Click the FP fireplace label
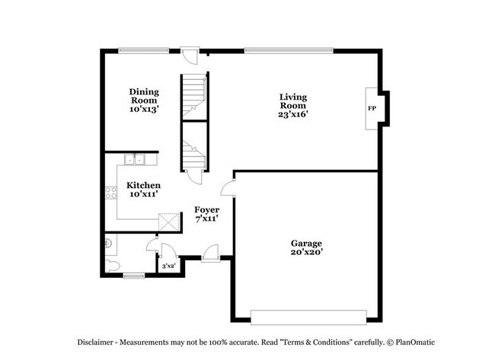[x=372, y=109]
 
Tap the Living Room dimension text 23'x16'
[x=293, y=114]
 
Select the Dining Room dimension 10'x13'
[x=144, y=109]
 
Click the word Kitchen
[x=144, y=185]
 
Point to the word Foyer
[x=207, y=210]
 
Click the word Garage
[x=307, y=244]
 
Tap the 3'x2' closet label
[x=168, y=266]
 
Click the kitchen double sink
[x=135, y=159]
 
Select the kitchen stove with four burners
[x=111, y=193]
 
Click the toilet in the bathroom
[x=111, y=266]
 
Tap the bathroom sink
[x=108, y=244]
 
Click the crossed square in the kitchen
[x=169, y=222]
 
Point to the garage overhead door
[x=308, y=317]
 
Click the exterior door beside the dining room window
[x=190, y=56]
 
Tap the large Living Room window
[x=289, y=50]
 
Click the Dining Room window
[x=144, y=49]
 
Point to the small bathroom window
[x=133, y=276]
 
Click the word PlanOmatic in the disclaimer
[x=415, y=342]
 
